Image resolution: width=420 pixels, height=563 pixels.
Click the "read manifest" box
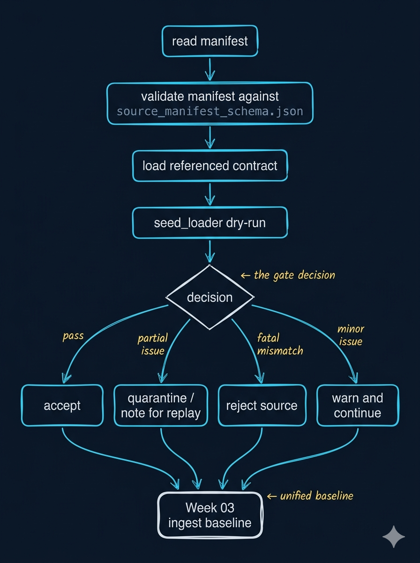pos(210,41)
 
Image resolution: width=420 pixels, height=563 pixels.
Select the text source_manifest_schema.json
pos(210,112)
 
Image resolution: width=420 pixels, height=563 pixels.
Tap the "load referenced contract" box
pos(210,166)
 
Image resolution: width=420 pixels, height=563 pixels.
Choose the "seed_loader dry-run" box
pos(210,222)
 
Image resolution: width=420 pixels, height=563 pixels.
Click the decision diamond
pos(210,297)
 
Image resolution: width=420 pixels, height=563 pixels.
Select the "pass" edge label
pos(73,336)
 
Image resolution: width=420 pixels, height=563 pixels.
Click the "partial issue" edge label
pos(152,344)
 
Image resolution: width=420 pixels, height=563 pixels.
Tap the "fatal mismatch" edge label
pos(280,343)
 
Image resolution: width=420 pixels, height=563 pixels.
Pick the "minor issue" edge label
pos(351,335)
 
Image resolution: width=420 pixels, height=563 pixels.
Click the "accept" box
pos(62,405)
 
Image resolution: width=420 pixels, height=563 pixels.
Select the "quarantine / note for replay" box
pos(161,405)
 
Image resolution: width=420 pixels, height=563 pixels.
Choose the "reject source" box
pos(262,405)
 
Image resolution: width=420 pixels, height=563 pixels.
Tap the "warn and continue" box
pos(358,405)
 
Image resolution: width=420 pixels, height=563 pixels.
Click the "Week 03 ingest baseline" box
pos(210,515)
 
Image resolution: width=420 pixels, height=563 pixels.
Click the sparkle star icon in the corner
pos(393,536)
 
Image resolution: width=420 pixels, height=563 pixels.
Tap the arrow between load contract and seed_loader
pos(210,194)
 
